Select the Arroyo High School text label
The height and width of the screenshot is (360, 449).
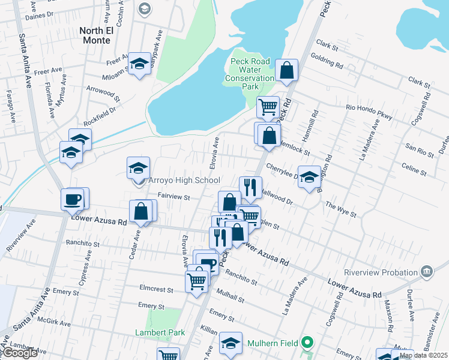[x=184, y=180]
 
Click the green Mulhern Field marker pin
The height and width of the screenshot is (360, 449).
[x=308, y=343]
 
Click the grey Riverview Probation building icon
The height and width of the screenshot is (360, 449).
[x=427, y=271]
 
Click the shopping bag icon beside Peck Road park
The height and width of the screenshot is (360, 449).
[x=287, y=70]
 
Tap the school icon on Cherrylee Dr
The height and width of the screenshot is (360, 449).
[x=309, y=177]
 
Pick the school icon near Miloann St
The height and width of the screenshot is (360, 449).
[x=139, y=63]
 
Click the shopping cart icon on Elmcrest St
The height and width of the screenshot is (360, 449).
[x=197, y=280]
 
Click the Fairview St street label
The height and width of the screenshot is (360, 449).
[x=173, y=197]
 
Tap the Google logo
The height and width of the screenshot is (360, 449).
[x=20, y=353]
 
